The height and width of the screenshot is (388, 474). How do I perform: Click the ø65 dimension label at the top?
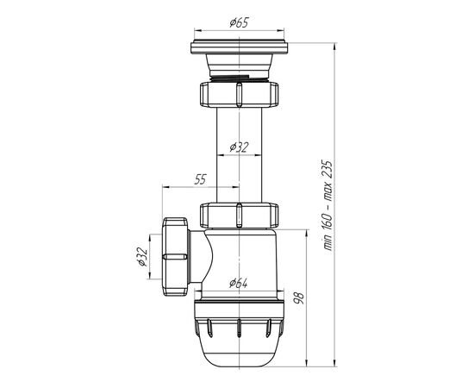pyautogui.click(x=239, y=23)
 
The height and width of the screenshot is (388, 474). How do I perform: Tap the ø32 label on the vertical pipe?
pyautogui.click(x=239, y=147)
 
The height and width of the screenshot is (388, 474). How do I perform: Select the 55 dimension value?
pyautogui.click(x=200, y=179)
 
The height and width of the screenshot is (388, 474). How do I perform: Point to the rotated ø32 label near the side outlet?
pyautogui.click(x=142, y=257)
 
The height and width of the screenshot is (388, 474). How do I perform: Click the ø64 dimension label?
pyautogui.click(x=239, y=284)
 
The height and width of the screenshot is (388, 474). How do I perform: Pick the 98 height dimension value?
pyautogui.click(x=300, y=297)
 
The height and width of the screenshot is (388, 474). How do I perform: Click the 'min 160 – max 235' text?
pyautogui.click(x=328, y=205)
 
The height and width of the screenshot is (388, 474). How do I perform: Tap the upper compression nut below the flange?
pyautogui.click(x=239, y=94)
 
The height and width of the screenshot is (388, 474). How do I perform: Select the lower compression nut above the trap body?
pyautogui.click(x=239, y=216)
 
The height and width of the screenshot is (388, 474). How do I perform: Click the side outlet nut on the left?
pyautogui.click(x=175, y=257)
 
